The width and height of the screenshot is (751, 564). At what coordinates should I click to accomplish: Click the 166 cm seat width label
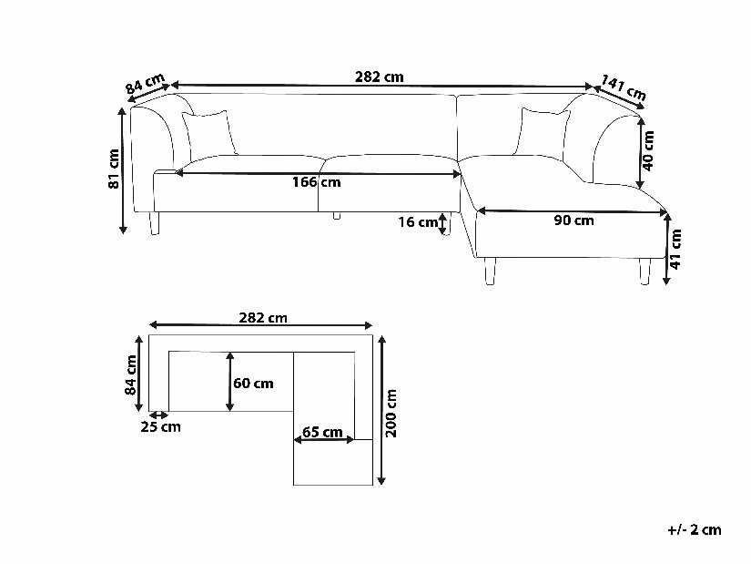317,182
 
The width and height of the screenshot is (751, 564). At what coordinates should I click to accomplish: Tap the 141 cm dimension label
624,87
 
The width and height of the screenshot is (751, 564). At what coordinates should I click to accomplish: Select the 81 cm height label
114,169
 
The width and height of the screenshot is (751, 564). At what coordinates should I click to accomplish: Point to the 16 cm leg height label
418,222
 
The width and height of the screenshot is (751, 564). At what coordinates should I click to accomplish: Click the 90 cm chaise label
573,220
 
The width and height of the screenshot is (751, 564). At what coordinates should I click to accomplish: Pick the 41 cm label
675,249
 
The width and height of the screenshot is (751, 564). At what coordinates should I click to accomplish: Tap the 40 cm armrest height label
648,150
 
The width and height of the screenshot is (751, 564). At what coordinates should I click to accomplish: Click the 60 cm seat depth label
253,384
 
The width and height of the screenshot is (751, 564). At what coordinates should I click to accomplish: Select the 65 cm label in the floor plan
322,432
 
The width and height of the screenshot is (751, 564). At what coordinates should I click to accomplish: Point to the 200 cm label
391,414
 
